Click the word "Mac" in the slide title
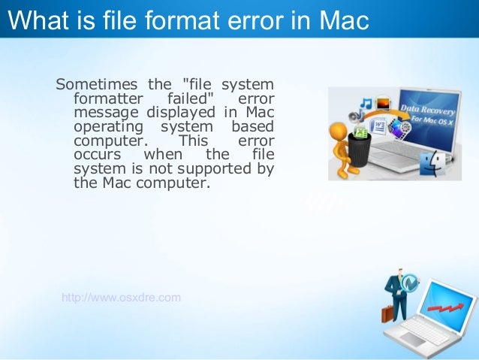342,21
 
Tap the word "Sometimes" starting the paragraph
93,83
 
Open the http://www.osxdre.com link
121,297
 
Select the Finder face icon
435,163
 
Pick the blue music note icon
366,103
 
